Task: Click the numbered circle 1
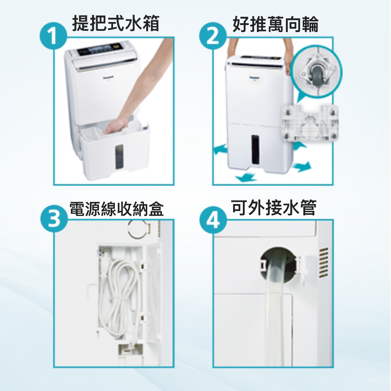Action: (53, 36)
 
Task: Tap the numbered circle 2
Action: (212, 36)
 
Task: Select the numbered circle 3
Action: (54, 219)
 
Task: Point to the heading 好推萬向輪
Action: (275, 24)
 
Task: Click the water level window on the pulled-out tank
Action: (119, 157)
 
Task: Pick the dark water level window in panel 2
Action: (255, 149)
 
